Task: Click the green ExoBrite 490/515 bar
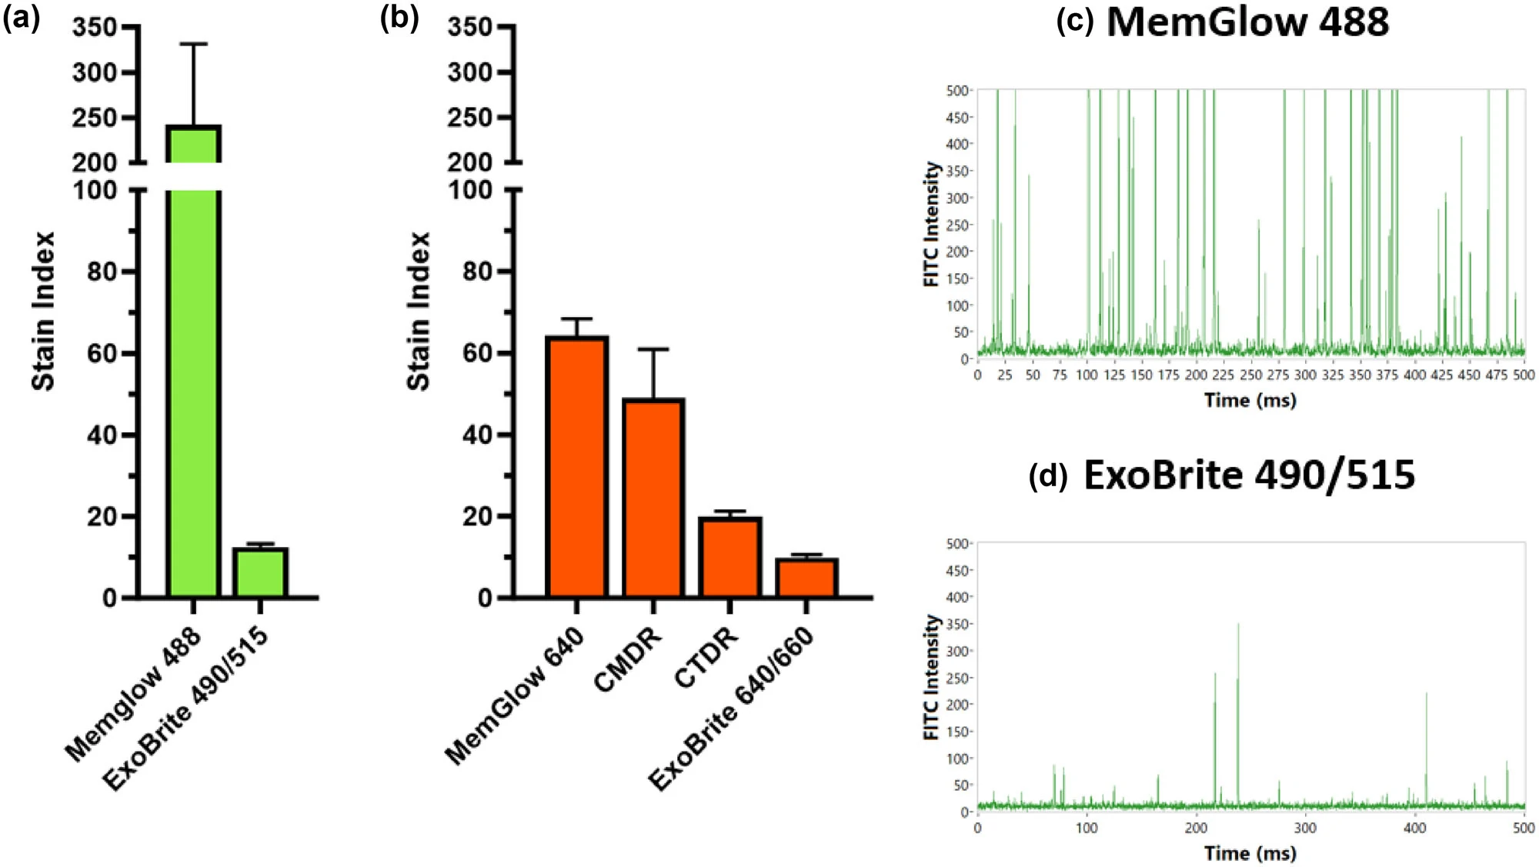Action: pyautogui.click(x=260, y=572)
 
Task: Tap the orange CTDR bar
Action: pyautogui.click(x=729, y=557)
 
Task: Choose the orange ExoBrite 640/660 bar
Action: pyautogui.click(x=806, y=578)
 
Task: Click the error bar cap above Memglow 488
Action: pyautogui.click(x=194, y=45)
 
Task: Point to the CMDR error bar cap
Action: pyautogui.click(x=653, y=349)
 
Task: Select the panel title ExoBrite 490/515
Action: pyautogui.click(x=1249, y=475)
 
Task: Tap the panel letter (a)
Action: pyautogui.click(x=22, y=17)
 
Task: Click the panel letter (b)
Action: pyautogui.click(x=399, y=17)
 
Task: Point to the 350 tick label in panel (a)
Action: pyautogui.click(x=94, y=28)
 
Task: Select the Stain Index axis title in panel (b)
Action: pyautogui.click(x=418, y=311)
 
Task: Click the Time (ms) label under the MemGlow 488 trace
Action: pyautogui.click(x=1250, y=400)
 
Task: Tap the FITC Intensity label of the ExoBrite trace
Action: pyautogui.click(x=932, y=677)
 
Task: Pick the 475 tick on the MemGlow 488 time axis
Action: pyautogui.click(x=1496, y=375)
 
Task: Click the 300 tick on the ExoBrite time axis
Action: pyautogui.click(x=1305, y=829)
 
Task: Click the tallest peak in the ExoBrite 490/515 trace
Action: pyautogui.click(x=1238, y=624)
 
